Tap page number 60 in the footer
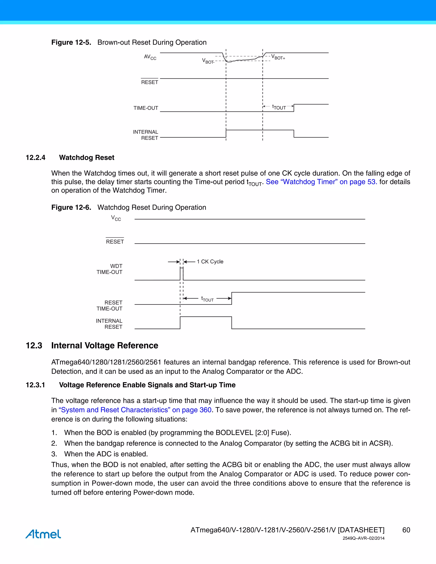[x=406, y=530]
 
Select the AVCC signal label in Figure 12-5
[x=150, y=57]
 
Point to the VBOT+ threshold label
[x=278, y=57]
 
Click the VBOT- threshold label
[x=208, y=61]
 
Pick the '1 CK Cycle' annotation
[x=210, y=262]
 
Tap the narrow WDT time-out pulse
[x=182, y=274]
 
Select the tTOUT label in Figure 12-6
[x=207, y=299]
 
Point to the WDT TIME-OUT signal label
[x=109, y=269]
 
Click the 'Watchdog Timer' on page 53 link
[x=321, y=182]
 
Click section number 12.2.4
[x=35, y=157]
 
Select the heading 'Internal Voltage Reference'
[x=105, y=345]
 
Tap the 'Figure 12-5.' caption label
[x=71, y=42]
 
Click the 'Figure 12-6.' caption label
[x=71, y=207]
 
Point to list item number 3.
[x=54, y=454]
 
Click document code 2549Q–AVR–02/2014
[x=363, y=538]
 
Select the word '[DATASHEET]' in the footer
[x=361, y=530]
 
